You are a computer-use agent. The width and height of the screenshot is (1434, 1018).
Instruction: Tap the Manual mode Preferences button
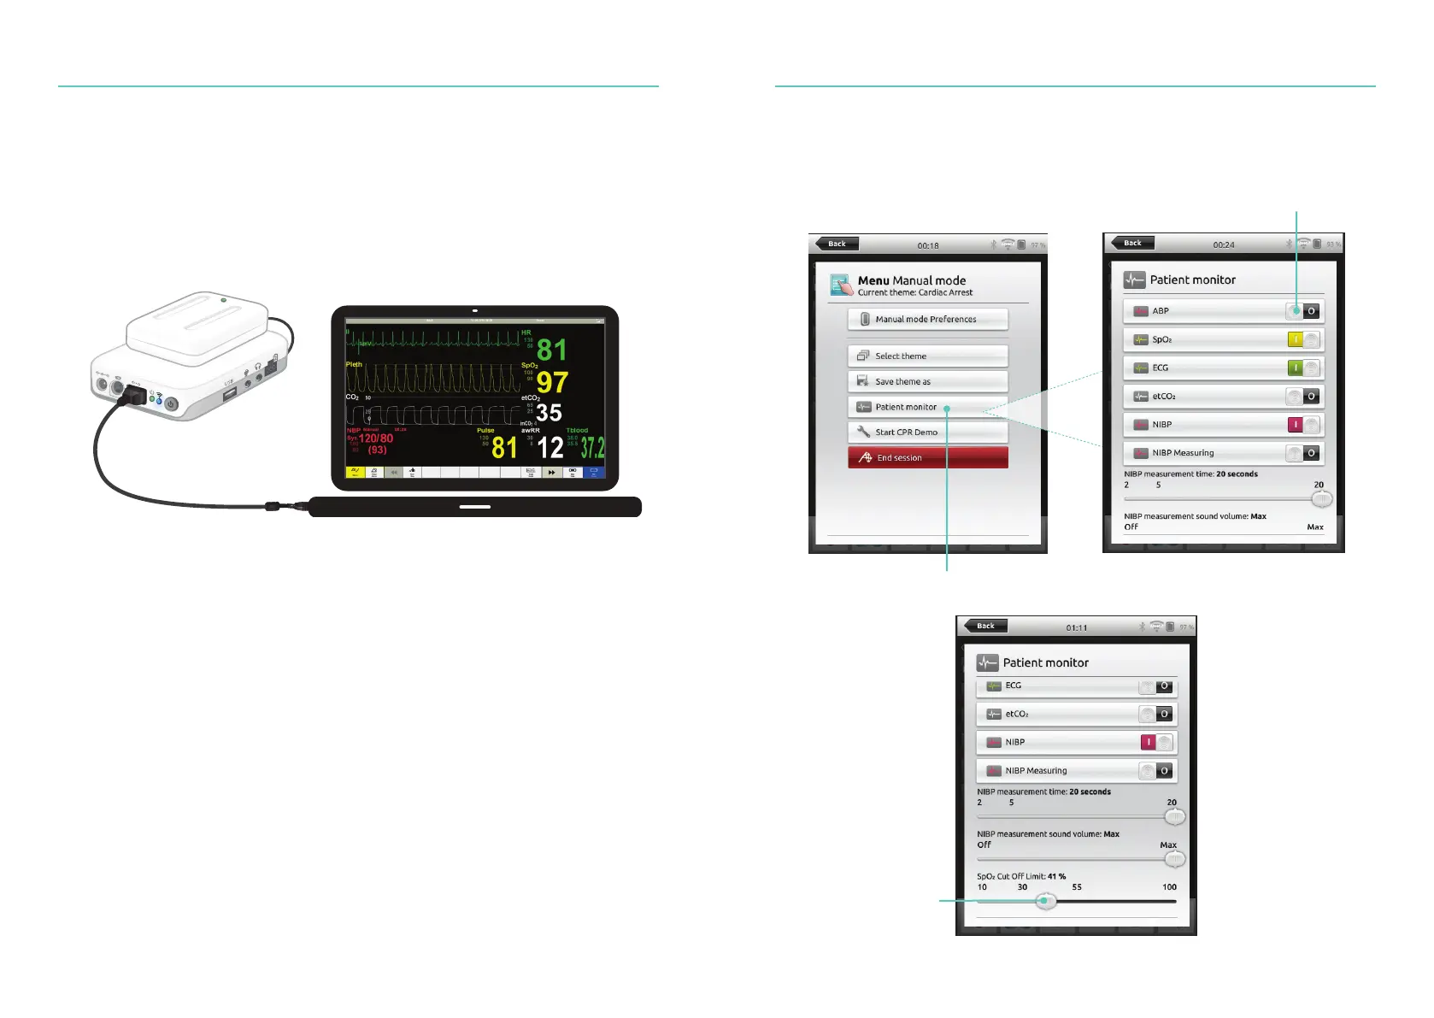[927, 319]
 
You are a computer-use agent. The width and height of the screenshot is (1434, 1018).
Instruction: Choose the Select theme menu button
[927, 356]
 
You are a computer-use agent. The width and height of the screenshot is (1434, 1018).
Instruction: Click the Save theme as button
[927, 381]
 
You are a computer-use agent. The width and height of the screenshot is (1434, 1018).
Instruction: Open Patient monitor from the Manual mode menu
[927, 407]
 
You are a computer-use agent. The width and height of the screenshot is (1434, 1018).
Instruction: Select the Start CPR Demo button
[927, 433]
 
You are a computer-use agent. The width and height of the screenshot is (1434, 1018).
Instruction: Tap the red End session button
[927, 458]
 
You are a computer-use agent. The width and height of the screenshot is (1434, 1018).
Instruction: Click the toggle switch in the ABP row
[1303, 311]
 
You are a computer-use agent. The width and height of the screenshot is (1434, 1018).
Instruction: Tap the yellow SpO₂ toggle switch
[1303, 339]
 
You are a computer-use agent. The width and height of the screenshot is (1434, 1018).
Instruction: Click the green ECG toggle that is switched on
[1303, 368]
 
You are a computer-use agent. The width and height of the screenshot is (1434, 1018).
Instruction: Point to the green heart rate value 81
[552, 350]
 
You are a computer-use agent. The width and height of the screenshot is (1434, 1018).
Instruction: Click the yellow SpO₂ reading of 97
[552, 382]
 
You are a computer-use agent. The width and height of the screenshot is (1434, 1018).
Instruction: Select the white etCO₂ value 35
[549, 413]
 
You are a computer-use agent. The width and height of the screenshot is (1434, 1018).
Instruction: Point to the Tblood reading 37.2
[592, 447]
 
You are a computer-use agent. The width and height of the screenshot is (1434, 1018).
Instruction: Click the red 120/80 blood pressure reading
[376, 438]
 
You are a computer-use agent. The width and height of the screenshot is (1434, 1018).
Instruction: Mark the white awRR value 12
[550, 447]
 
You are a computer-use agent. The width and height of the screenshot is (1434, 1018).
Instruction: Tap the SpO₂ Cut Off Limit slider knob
[1046, 901]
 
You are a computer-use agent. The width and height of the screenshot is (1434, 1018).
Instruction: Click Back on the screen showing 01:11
[983, 626]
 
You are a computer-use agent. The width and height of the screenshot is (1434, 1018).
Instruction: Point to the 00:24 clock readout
[1224, 245]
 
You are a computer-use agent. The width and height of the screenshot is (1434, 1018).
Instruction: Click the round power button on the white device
[171, 404]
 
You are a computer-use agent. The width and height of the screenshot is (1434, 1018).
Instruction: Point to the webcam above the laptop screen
[475, 311]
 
